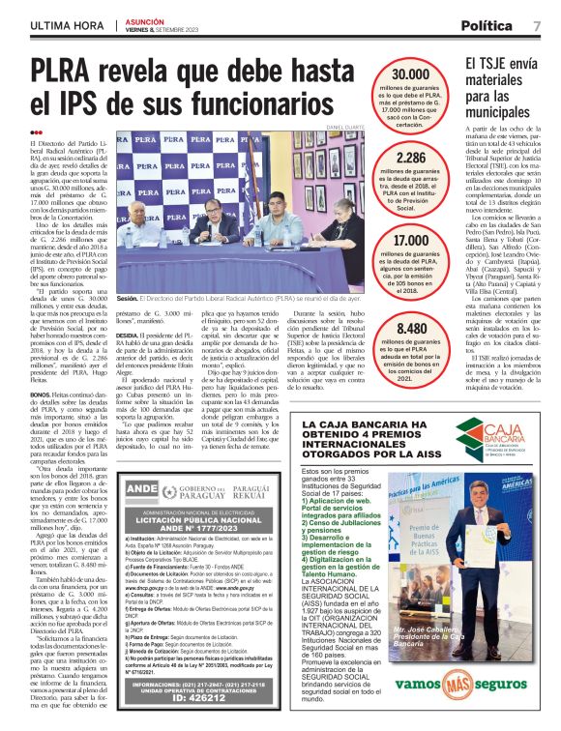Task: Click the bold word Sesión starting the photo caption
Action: [x=128, y=301]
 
